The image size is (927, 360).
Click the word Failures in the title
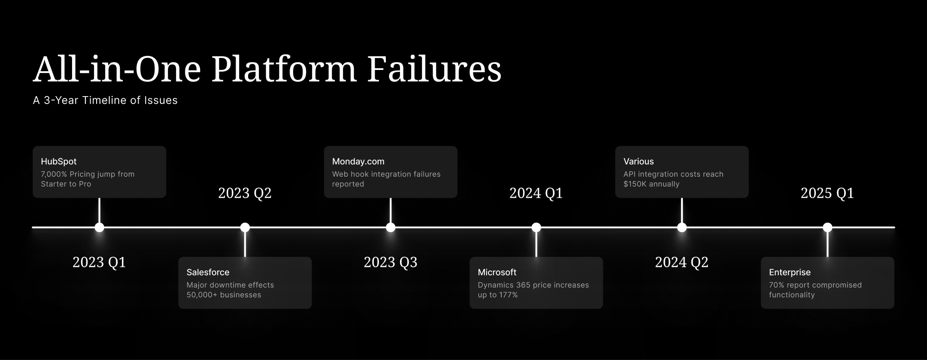pos(434,70)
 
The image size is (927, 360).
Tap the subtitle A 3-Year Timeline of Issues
pos(105,100)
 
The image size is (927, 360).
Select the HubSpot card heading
pos(59,162)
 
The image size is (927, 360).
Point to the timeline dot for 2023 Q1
pos(99,227)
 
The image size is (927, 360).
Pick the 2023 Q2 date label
pos(245,193)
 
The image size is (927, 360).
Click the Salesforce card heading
pos(208,272)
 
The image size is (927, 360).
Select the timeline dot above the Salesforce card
pos(245,227)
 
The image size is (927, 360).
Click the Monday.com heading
pos(358,162)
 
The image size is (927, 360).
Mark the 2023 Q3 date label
pos(391,262)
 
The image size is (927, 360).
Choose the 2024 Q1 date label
pos(536,193)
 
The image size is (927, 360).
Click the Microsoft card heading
pos(497,272)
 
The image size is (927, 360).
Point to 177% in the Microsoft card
pos(508,295)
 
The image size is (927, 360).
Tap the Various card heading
pos(639,162)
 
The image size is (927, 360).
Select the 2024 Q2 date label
pos(682,262)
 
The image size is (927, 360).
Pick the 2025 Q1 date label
pos(827,193)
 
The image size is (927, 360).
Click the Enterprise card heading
pos(790,272)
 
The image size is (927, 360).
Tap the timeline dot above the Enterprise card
pos(827,227)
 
